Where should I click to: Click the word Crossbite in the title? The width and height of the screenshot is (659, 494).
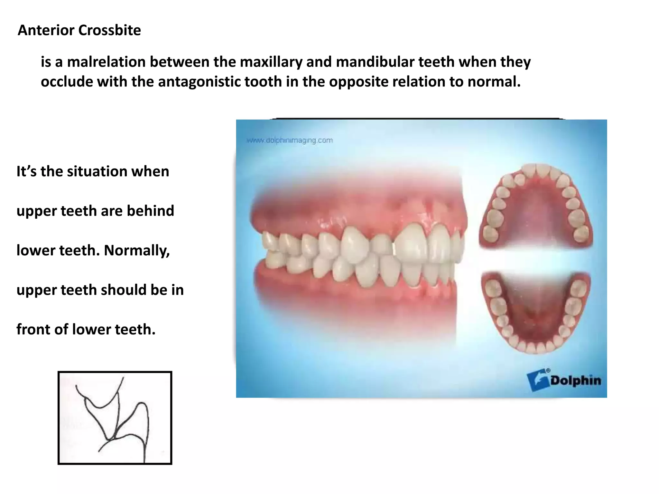click(x=109, y=30)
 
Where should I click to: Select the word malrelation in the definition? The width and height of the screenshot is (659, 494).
click(x=106, y=62)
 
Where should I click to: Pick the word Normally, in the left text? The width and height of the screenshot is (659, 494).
click(x=137, y=250)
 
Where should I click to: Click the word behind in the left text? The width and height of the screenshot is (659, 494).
click(x=150, y=211)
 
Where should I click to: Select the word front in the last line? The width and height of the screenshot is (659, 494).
click(x=33, y=329)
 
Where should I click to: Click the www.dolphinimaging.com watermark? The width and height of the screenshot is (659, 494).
click(x=290, y=140)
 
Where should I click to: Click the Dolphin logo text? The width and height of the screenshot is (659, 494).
click(x=575, y=380)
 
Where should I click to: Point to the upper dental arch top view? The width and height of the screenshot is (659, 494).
click(x=535, y=206)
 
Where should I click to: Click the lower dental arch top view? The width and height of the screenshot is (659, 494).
click(x=535, y=312)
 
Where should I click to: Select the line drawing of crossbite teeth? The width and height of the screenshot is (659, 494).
click(x=115, y=418)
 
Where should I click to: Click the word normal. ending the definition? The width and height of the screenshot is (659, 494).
click(x=494, y=82)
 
